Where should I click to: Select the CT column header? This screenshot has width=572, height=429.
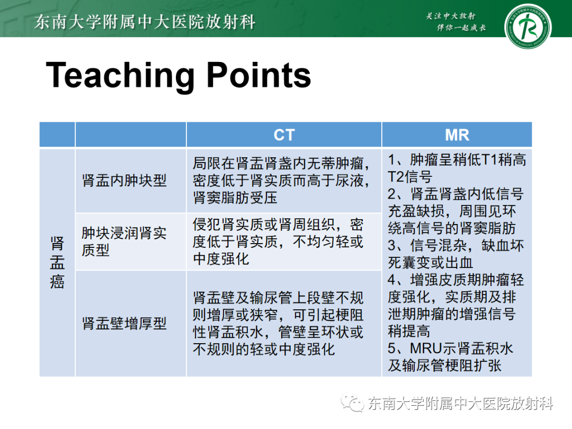click(283, 135)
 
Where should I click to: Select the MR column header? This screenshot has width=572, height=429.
click(457, 135)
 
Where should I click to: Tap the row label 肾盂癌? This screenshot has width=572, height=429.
click(57, 263)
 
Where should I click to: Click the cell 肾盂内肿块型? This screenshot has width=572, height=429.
click(124, 181)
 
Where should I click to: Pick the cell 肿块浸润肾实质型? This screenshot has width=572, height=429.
click(124, 242)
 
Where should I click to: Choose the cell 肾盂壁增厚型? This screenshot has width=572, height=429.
click(124, 324)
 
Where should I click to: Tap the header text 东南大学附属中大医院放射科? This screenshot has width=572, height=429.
click(145, 22)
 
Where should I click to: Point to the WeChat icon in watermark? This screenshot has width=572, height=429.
click(352, 403)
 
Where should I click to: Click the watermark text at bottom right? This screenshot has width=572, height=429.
click(461, 404)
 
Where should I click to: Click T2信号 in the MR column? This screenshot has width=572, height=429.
click(410, 177)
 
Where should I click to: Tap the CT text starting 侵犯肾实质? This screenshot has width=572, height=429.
click(278, 225)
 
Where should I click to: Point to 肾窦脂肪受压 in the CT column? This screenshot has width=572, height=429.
click(235, 198)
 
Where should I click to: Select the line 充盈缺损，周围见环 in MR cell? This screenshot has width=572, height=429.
click(451, 211)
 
